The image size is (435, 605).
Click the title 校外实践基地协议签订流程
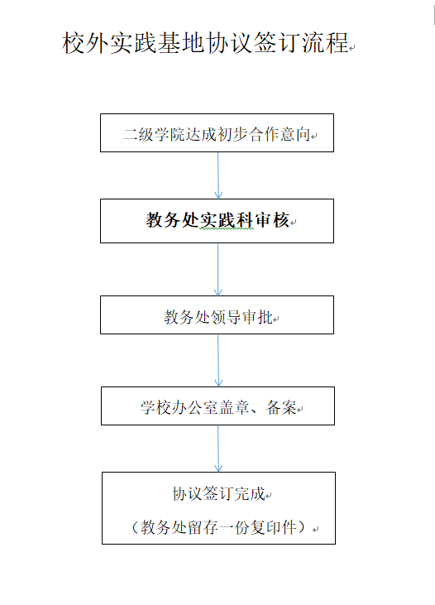click(205, 42)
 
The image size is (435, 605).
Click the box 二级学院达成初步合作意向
click(217, 132)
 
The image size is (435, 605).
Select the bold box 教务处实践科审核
click(217, 221)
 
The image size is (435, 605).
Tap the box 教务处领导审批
click(217, 315)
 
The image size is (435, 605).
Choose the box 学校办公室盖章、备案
click(217, 406)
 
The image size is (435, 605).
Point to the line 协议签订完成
click(218, 493)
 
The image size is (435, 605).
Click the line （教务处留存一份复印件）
click(218, 527)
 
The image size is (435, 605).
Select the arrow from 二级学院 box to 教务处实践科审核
click(217, 175)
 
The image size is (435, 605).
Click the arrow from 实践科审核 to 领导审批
click(217, 270)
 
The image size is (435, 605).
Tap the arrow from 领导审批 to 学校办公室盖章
click(217, 361)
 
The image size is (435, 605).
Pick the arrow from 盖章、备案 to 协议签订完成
click(217, 449)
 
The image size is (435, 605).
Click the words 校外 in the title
click(85, 42)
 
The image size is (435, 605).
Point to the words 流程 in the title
click(325, 42)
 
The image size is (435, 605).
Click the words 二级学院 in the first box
click(154, 135)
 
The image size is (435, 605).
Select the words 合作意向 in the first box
click(280, 135)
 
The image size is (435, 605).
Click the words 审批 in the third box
click(257, 317)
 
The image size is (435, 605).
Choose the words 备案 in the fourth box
click(281, 407)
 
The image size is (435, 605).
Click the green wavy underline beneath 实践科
click(227, 228)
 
